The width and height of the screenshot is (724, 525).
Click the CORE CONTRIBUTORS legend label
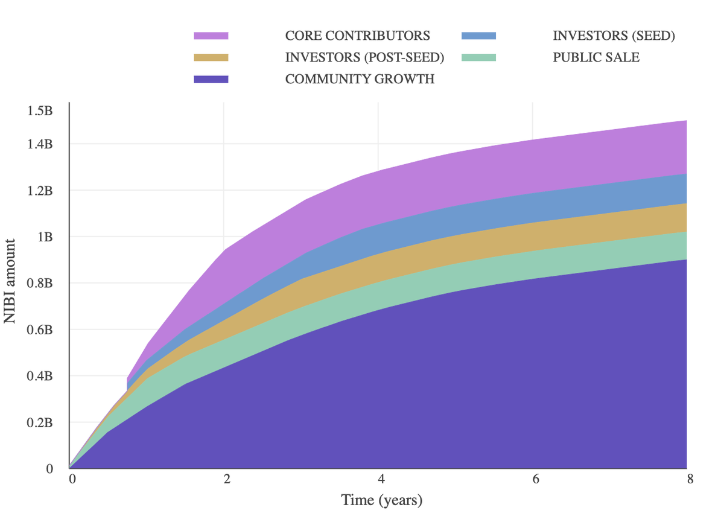[x=357, y=36]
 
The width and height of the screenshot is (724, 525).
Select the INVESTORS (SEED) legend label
[x=614, y=36]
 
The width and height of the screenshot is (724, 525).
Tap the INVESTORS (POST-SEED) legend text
[x=364, y=58]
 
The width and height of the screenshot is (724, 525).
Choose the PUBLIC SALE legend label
[x=596, y=58]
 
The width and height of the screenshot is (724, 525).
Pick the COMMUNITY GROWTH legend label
[x=360, y=79]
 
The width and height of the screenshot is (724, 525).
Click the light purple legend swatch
[x=211, y=36]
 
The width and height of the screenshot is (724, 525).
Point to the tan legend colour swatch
[x=211, y=58]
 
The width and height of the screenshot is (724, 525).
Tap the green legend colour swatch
[x=478, y=58]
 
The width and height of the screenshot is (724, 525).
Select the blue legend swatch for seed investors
[x=478, y=36]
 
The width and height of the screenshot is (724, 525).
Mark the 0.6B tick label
[x=40, y=330]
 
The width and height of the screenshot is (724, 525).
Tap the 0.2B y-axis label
[x=40, y=423]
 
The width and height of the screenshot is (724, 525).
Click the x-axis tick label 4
[x=381, y=480]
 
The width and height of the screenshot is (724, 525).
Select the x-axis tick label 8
[x=690, y=480]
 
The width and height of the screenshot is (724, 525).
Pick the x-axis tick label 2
[x=227, y=480]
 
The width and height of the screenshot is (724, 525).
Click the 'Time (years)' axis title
[x=381, y=500]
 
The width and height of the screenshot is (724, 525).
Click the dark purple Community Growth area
[x=422, y=392]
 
